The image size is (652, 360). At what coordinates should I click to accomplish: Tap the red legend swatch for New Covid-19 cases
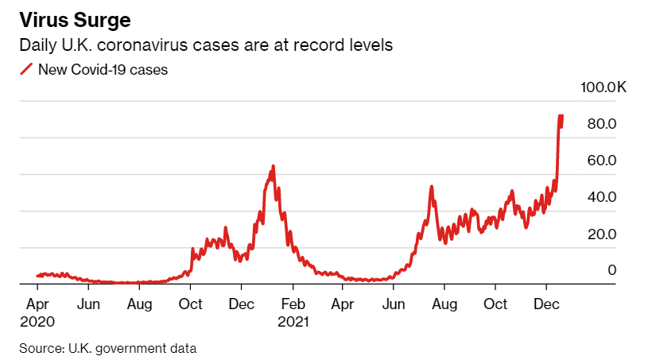(x=25, y=70)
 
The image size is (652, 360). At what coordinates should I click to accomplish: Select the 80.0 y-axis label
(x=602, y=124)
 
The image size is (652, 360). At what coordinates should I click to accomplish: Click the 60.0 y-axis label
(x=602, y=161)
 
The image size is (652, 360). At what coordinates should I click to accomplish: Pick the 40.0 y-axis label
(x=602, y=197)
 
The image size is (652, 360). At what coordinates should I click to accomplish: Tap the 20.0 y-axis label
(x=602, y=234)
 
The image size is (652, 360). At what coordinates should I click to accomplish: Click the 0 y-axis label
(x=612, y=271)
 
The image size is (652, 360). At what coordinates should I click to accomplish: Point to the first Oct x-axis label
(x=191, y=304)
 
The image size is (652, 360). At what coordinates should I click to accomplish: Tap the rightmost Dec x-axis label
(x=546, y=304)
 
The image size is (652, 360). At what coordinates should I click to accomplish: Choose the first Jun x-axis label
(x=88, y=304)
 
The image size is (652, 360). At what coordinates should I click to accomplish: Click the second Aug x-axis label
(x=445, y=304)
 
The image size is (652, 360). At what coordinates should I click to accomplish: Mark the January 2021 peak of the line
(x=274, y=167)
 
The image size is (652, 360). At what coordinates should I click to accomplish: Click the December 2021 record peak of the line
(x=561, y=116)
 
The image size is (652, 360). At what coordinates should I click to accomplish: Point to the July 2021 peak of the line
(x=431, y=188)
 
